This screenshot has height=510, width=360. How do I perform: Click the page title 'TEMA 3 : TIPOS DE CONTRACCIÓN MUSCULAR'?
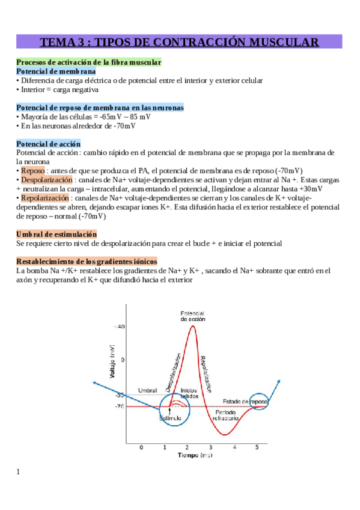click(179, 42)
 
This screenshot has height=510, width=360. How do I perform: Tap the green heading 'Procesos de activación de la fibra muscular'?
click(88, 62)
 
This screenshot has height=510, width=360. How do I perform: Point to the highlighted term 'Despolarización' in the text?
click(47, 179)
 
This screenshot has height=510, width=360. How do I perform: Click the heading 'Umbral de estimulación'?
click(56, 234)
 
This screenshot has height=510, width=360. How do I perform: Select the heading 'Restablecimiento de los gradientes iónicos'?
click(87, 262)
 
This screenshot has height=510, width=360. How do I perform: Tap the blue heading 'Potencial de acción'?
click(48, 144)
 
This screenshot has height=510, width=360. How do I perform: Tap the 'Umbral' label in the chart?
click(147, 390)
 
